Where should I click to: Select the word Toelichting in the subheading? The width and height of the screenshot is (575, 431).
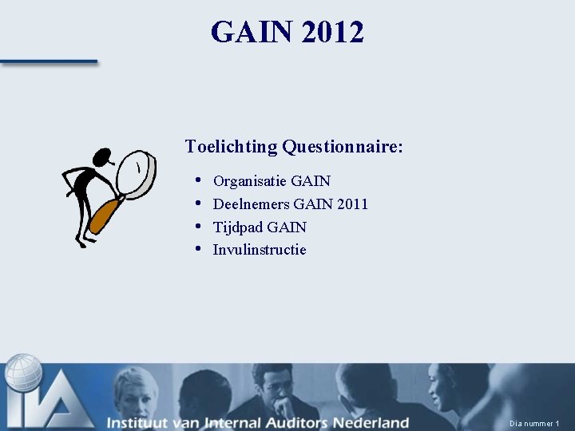[x=231, y=147]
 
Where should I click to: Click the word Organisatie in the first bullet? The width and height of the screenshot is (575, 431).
[x=249, y=181]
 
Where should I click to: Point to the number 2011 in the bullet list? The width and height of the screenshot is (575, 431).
[x=352, y=204]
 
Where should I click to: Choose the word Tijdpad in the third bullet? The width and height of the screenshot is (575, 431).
[x=236, y=227]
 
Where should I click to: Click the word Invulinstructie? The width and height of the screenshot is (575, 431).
[x=260, y=250]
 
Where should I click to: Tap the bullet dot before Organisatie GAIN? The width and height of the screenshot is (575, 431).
[x=197, y=180]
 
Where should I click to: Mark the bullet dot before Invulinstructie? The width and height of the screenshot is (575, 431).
[x=197, y=249]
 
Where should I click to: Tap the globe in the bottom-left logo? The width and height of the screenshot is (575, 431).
[x=24, y=372]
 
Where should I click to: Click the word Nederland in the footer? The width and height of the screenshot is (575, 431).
[x=371, y=422]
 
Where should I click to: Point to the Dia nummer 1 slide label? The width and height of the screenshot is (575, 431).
[x=534, y=423]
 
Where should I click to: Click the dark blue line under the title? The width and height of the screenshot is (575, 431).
[x=48, y=61]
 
